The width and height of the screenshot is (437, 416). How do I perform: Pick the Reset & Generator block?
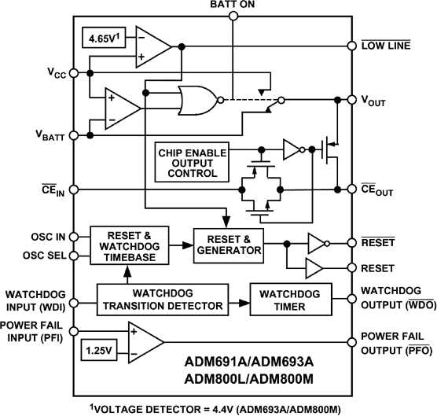[228, 245]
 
